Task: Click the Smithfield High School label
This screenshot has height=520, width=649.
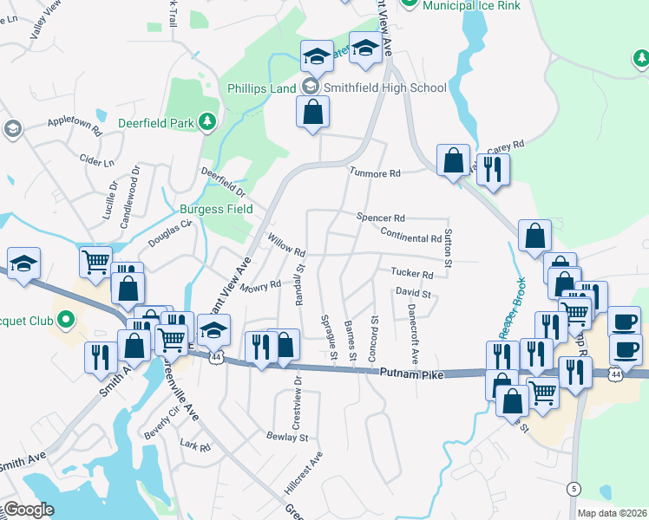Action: [x=385, y=88]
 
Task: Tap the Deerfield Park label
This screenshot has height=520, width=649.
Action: [x=157, y=123]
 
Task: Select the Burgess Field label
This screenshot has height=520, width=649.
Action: [x=216, y=209]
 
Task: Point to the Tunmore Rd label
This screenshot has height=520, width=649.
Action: [x=374, y=173]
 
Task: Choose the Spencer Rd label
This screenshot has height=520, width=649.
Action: [x=380, y=218]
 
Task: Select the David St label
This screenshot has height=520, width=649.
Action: [x=413, y=295]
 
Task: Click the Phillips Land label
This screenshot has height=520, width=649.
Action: [x=262, y=88]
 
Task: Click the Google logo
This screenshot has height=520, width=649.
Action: [x=28, y=510]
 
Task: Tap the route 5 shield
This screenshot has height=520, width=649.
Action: [x=574, y=488]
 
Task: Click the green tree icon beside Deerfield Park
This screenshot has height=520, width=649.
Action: [x=206, y=122]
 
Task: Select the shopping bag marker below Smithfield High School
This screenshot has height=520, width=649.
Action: [x=313, y=112]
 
